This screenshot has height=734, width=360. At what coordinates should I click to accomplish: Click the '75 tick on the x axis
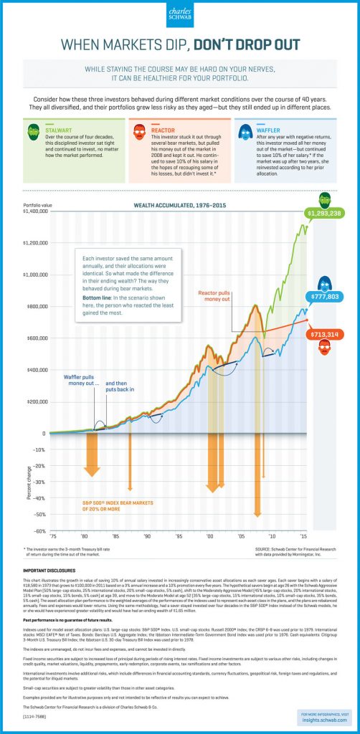pyautogui.click(x=52, y=537)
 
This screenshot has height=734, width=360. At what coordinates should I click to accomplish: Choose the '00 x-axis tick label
pyautogui.click(x=210, y=537)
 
